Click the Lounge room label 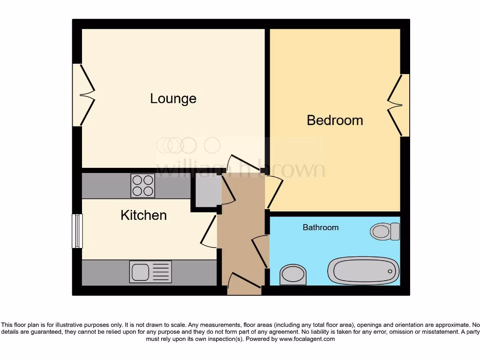click(173, 99)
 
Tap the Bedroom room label click(335, 120)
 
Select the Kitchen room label click(143, 215)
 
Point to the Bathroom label click(320, 227)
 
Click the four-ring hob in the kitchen click(143, 186)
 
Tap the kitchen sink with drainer click(150, 272)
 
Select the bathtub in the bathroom click(363, 271)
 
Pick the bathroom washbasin click(293, 274)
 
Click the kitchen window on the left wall click(77, 231)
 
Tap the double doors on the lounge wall click(83, 95)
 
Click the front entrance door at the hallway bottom click(244, 284)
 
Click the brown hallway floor click(242, 220)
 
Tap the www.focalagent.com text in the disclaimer click(307, 339)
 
